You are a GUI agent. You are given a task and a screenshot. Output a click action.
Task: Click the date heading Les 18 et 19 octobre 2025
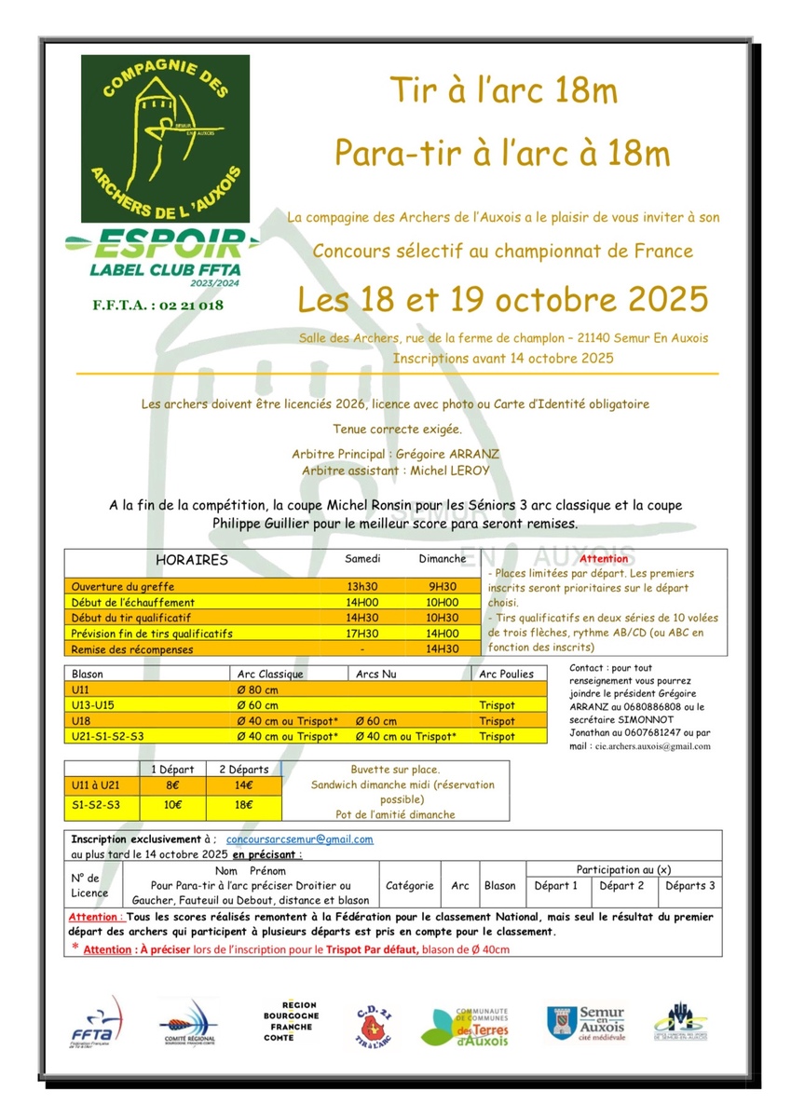pos(503,300)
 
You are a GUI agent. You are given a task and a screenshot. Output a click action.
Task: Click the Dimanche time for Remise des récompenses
pos(442,649)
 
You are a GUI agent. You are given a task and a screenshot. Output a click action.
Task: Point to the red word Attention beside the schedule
pos(605,559)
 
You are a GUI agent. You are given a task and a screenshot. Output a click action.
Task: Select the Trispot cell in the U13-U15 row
pos(497,705)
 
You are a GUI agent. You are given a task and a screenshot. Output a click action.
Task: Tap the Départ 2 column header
pos(621,886)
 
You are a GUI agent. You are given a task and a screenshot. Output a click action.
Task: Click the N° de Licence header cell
pos(89,886)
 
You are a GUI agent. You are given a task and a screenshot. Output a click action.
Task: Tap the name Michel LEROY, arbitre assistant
pos(450,471)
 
